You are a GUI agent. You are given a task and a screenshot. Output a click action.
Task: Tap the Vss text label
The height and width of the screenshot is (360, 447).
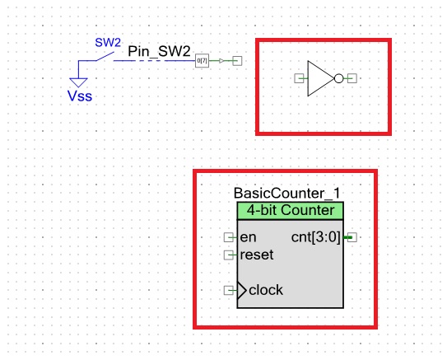coord(80,96)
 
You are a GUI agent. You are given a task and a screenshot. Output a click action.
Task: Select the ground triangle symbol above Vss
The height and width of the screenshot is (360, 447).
coord(79,81)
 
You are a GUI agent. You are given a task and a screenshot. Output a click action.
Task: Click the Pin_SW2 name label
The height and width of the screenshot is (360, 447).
coord(159,51)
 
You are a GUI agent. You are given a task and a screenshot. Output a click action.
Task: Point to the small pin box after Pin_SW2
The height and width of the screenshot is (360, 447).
coord(202,61)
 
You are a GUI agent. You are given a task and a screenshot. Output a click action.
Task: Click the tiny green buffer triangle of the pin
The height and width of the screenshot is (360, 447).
coord(221,61)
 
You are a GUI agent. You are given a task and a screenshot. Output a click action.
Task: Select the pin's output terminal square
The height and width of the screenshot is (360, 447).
coord(237,61)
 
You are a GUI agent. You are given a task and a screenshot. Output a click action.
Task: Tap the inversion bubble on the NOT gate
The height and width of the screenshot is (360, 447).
coord(338,78)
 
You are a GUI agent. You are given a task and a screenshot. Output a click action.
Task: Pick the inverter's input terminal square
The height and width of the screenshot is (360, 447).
coord(299,78)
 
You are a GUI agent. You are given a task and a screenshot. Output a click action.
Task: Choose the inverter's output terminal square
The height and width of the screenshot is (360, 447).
coord(352,78)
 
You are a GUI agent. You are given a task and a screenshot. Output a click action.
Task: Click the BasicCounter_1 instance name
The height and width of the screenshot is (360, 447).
coord(286,193)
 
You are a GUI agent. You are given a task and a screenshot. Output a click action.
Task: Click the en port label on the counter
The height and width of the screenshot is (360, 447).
coord(248,237)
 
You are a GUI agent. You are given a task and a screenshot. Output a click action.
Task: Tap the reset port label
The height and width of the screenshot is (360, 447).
coord(256,255)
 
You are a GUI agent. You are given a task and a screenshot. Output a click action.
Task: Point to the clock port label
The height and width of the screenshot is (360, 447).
coord(265,290)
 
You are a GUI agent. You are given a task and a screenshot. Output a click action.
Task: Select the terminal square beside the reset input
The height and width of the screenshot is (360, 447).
coord(228,255)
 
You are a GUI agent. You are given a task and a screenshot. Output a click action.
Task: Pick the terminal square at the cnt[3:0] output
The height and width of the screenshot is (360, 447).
coord(352,237)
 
